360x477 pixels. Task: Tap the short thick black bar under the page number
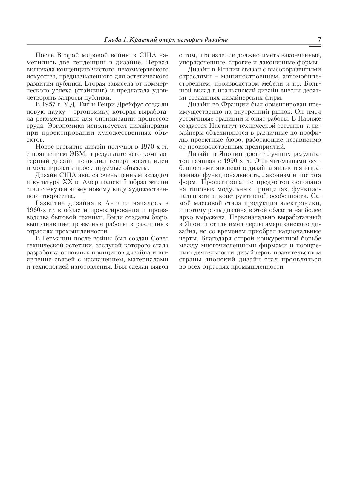(x=315, y=46)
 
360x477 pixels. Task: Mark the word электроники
(x=301, y=203)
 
